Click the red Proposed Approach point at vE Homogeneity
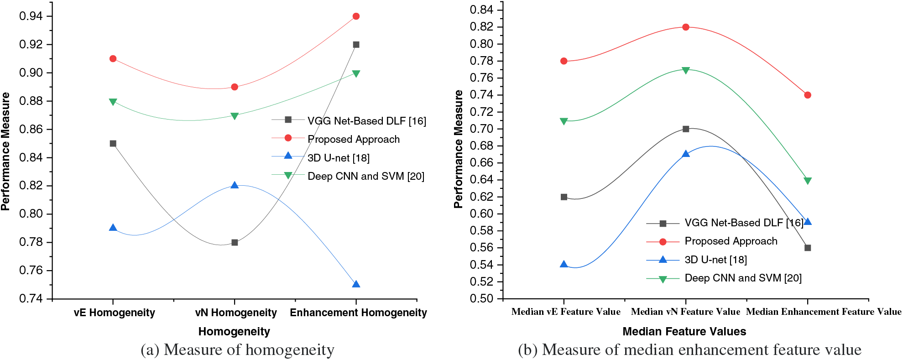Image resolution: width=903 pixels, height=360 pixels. [x=113, y=59]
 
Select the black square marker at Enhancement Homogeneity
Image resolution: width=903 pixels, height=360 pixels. [x=356, y=45]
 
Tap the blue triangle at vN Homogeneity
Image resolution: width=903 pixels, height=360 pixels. [x=235, y=185]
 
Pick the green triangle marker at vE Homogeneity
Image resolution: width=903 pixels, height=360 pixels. [x=113, y=102]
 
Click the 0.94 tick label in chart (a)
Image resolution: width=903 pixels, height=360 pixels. [x=31, y=16]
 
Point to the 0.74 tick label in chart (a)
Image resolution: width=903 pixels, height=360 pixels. [x=31, y=298]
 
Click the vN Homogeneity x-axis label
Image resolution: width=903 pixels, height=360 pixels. [x=236, y=313]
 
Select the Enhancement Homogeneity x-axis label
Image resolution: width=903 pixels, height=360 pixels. [x=358, y=313]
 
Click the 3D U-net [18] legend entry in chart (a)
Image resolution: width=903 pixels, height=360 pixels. [x=338, y=158]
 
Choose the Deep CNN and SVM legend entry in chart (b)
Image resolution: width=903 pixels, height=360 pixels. [x=743, y=278]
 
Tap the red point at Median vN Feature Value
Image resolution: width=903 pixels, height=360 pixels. [x=686, y=27]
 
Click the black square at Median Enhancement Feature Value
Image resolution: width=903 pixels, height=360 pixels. [x=808, y=248]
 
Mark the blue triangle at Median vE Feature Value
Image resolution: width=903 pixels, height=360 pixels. [x=564, y=265]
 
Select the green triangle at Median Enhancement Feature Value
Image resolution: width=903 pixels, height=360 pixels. [x=808, y=181]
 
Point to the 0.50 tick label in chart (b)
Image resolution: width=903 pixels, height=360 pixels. [x=481, y=298]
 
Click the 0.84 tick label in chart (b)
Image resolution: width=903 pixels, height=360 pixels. [x=481, y=10]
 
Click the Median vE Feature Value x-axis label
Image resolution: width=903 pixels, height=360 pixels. [x=566, y=312]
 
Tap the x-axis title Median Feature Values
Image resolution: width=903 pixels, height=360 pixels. [x=684, y=331]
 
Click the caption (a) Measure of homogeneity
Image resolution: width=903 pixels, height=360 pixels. [x=237, y=350]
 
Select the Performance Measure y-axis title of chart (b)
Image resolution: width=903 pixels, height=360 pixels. [x=458, y=149]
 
